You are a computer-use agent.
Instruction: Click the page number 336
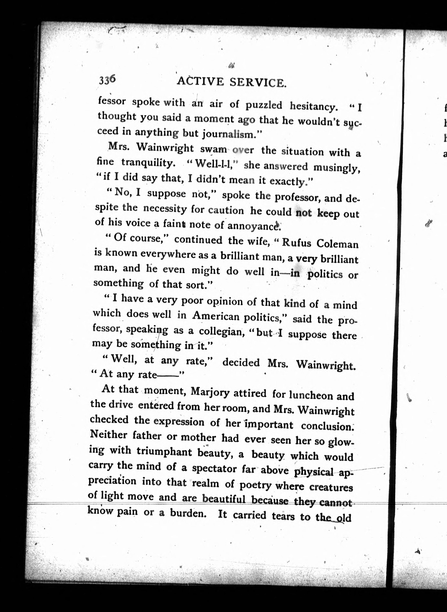[x=107, y=80]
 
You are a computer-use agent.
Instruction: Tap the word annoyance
[x=253, y=225]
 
